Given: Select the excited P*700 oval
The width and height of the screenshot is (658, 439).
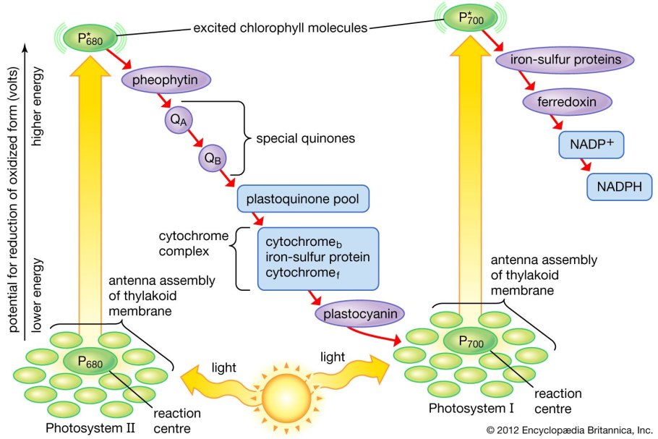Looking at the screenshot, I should pos(464,17).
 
